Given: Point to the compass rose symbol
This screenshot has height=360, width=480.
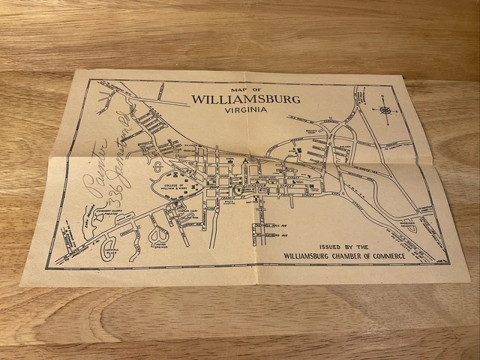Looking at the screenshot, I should [385, 110].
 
